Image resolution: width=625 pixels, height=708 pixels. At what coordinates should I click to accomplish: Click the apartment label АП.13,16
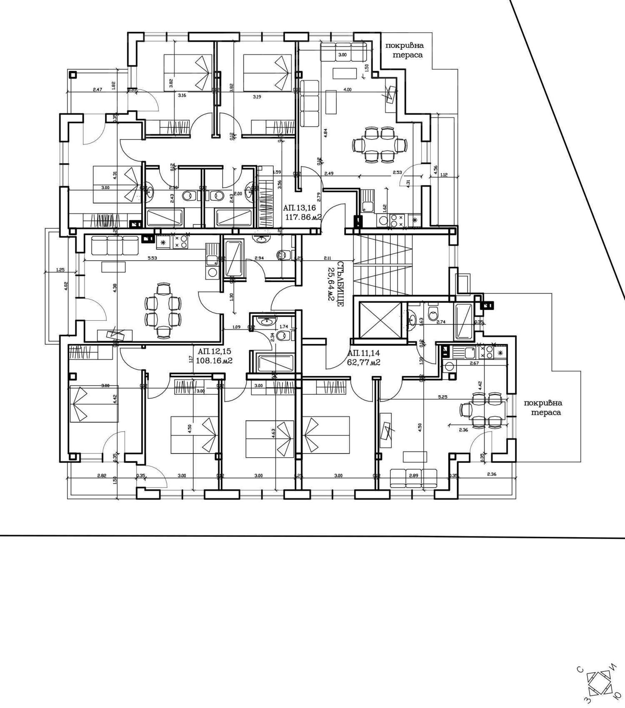(x=299, y=207)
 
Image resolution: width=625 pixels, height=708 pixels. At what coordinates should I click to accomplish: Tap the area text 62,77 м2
(x=363, y=362)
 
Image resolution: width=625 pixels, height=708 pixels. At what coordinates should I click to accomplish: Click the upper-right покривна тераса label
(x=404, y=50)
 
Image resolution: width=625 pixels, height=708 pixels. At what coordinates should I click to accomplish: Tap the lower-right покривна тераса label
(x=543, y=407)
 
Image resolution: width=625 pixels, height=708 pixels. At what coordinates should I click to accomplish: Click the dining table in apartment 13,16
(x=379, y=145)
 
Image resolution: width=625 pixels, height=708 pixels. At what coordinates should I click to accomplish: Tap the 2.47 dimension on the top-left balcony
(x=97, y=89)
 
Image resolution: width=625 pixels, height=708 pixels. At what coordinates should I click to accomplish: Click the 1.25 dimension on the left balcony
(x=60, y=269)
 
